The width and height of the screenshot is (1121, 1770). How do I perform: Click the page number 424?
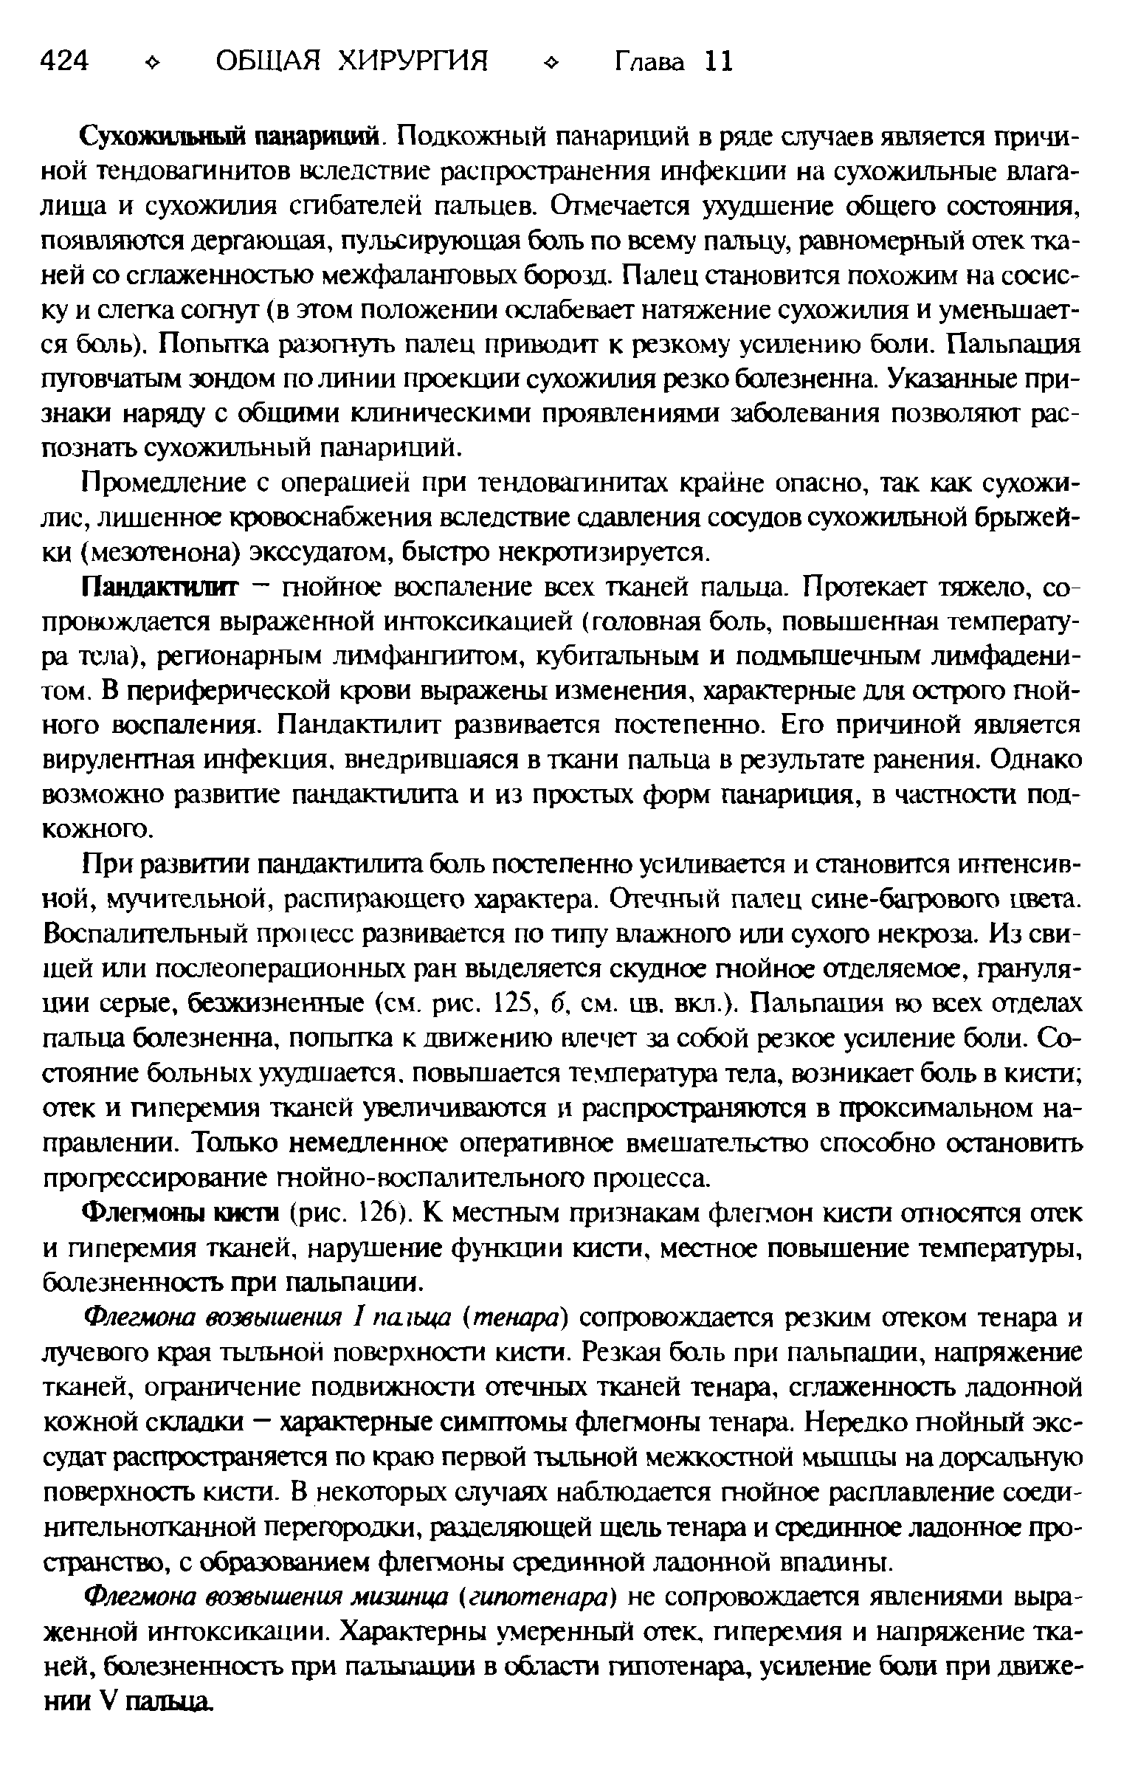point(65,61)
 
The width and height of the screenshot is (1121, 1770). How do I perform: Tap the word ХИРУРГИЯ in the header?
point(413,61)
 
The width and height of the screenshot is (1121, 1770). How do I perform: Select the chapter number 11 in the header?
point(718,61)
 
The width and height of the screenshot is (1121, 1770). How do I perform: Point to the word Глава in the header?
point(650,61)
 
